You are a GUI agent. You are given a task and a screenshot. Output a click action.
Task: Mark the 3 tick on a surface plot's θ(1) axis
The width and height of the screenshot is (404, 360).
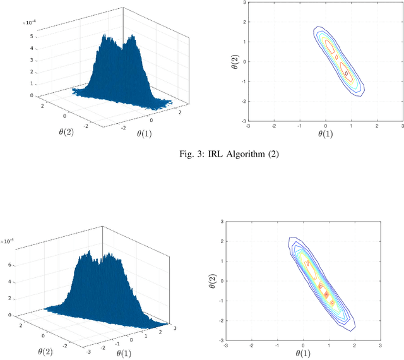(175, 328)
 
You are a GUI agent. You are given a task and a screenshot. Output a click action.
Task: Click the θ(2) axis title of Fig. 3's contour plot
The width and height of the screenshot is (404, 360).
(235, 62)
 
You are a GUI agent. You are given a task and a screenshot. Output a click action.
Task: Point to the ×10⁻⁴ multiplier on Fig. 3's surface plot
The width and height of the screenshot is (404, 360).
(30, 23)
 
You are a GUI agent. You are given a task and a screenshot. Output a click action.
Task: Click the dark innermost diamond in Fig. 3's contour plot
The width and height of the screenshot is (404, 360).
(347, 73)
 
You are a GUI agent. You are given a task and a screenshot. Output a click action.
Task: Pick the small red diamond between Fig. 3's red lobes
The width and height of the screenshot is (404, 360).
(336, 57)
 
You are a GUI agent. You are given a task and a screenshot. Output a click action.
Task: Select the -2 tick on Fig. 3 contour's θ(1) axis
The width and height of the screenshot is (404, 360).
(273, 126)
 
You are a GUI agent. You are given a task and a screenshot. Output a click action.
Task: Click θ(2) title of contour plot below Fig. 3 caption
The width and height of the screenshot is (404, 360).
(213, 280)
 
